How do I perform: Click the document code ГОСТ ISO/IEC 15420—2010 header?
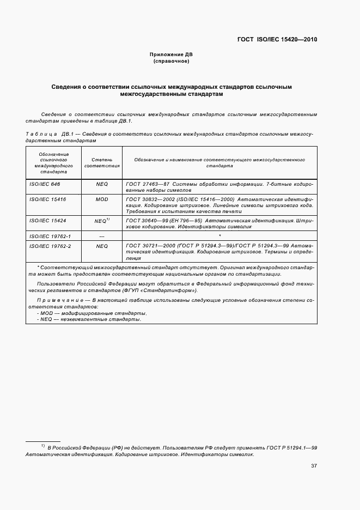tap(277, 40)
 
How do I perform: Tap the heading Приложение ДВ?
tap(172, 54)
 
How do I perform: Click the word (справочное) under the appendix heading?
tap(172, 61)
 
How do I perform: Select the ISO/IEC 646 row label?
tap(45, 184)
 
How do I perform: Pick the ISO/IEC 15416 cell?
tap(47, 199)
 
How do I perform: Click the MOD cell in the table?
tap(102, 199)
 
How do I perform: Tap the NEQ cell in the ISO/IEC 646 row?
tap(102, 184)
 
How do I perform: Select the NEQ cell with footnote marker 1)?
tap(102, 221)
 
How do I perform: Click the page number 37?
tap(314, 466)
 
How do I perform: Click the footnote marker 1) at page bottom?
tap(43, 446)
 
